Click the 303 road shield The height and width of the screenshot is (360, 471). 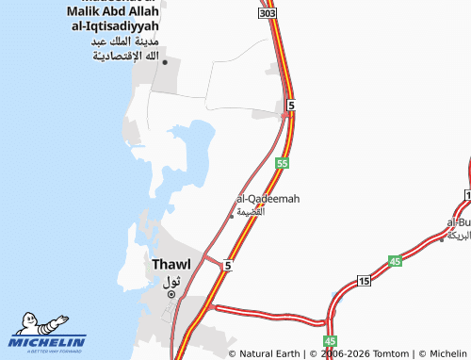268,16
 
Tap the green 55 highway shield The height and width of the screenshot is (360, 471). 282,163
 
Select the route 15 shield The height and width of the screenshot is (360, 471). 365,282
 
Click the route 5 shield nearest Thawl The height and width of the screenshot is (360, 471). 227,267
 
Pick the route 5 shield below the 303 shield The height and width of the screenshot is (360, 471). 292,106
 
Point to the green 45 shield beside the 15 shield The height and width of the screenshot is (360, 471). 395,261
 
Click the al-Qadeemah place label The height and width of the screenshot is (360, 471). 268,199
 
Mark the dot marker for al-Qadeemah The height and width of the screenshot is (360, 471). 232,216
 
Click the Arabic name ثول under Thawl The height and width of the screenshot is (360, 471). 171,281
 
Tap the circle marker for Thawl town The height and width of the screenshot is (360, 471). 171,294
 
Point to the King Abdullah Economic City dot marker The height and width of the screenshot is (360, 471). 165,62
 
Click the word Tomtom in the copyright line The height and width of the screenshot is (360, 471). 388,353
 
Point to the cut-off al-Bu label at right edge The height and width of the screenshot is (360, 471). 460,222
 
